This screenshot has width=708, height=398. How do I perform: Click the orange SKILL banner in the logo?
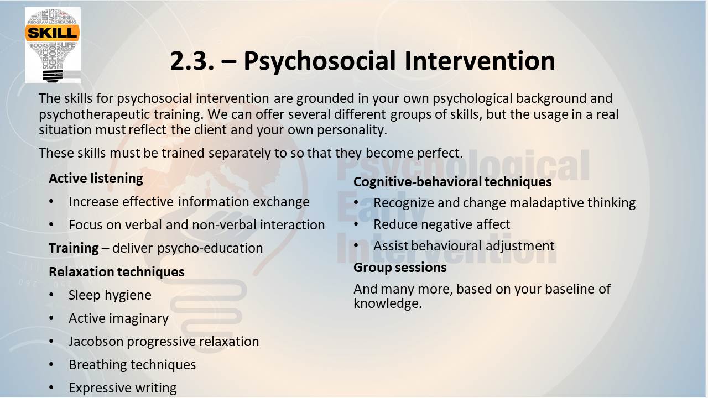pyautogui.click(x=52, y=33)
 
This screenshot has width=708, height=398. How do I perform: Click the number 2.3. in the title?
pyautogui.click(x=192, y=61)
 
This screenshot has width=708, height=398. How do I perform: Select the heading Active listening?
pyautogui.click(x=96, y=179)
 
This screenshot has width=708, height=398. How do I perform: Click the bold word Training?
pyautogui.click(x=74, y=248)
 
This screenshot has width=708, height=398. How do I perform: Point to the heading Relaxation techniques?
pyautogui.click(x=117, y=272)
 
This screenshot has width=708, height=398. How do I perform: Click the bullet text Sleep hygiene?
pyautogui.click(x=110, y=295)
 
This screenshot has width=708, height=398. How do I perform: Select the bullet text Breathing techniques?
pyautogui.click(x=132, y=365)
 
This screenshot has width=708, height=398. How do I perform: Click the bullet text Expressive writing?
pyautogui.click(x=123, y=388)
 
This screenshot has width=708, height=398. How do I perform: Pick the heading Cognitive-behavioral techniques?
pyautogui.click(x=452, y=182)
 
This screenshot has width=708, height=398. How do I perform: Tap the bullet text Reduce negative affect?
pyautogui.click(x=442, y=224)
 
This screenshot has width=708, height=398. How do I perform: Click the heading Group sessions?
pyautogui.click(x=400, y=268)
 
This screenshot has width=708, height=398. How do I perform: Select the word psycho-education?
pyautogui.click(x=210, y=249)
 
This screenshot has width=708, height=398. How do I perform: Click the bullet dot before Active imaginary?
pyautogui.click(x=51, y=318)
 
